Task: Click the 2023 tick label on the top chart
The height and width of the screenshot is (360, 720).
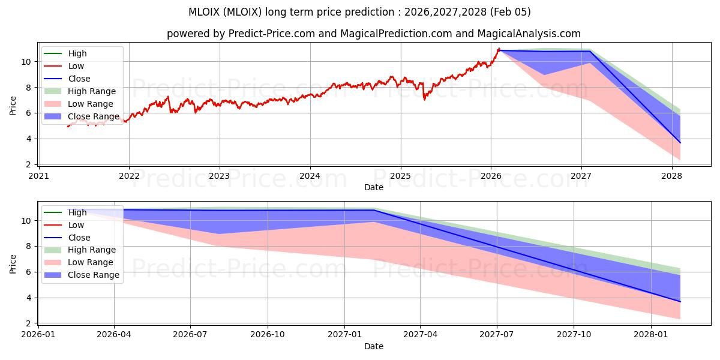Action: tap(219, 176)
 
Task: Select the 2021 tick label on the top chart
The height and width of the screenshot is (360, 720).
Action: tap(38, 176)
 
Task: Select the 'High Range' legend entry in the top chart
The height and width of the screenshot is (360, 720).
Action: tap(92, 91)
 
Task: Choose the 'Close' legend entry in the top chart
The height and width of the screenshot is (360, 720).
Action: tap(79, 79)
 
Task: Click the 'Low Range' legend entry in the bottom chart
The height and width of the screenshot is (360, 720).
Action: tap(91, 262)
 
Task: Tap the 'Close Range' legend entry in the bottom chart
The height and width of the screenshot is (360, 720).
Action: tap(94, 275)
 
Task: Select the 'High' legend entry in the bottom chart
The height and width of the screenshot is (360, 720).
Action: tap(77, 212)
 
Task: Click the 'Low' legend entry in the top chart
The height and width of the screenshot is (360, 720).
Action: tap(76, 66)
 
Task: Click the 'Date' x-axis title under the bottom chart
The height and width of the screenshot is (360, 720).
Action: tap(374, 346)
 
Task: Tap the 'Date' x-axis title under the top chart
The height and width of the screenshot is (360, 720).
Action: tap(374, 187)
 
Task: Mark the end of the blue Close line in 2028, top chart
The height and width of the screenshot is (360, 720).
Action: tap(680, 143)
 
